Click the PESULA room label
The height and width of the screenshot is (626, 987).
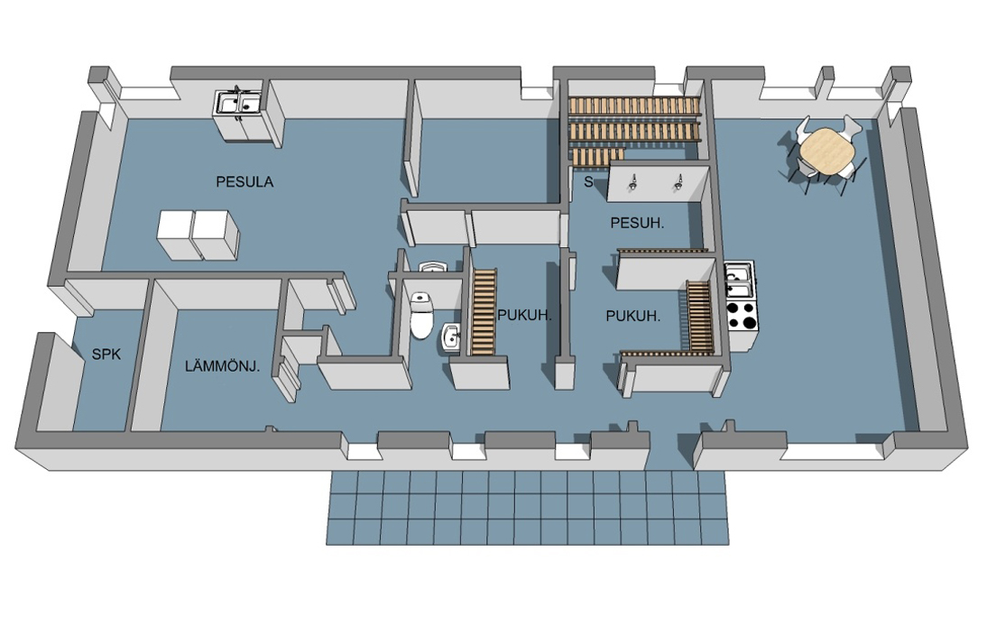[x=244, y=182]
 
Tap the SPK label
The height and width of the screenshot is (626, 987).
[x=106, y=354]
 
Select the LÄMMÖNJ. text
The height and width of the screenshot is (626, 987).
[x=222, y=366]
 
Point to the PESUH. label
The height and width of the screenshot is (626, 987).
[x=637, y=223]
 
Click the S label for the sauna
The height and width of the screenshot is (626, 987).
[x=588, y=182]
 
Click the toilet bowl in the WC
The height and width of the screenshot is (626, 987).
[x=421, y=315]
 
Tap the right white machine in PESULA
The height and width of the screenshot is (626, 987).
[x=216, y=235]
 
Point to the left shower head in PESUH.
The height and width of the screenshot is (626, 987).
[x=632, y=182]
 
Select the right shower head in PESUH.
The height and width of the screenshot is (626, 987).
[x=678, y=182]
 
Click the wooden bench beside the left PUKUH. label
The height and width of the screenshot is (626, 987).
[x=484, y=311]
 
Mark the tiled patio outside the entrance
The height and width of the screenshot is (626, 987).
[x=528, y=508]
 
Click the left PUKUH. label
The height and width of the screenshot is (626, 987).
[x=524, y=315]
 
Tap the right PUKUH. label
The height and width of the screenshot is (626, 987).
[x=633, y=316]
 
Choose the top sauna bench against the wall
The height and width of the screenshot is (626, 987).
[x=634, y=106]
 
